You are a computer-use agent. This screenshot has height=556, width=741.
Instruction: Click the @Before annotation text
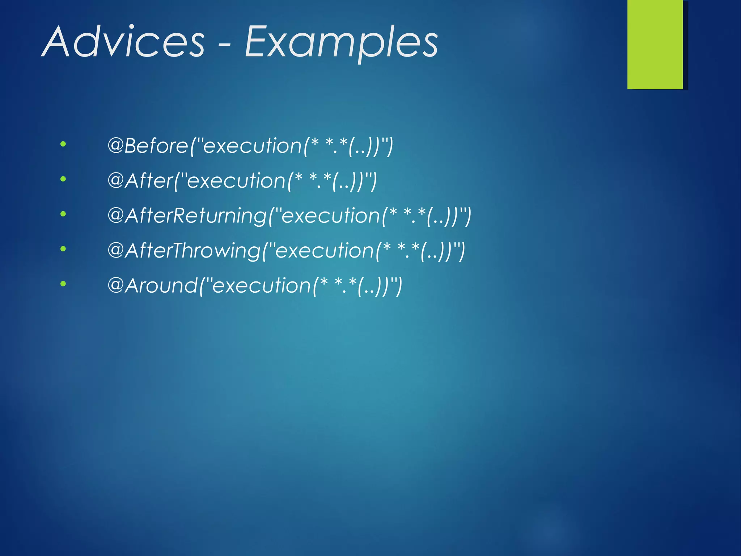tap(148, 146)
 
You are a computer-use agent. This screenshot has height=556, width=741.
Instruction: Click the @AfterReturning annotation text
tap(187, 216)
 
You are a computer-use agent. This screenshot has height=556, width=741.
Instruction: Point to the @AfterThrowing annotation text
tap(184, 251)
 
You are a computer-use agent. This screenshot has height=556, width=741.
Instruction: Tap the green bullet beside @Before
tap(63, 144)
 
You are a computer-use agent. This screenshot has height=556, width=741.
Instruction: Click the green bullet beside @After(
tap(63, 179)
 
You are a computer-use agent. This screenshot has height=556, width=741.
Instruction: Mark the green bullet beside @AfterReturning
tap(63, 214)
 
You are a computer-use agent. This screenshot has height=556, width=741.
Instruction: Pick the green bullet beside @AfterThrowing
tap(63, 249)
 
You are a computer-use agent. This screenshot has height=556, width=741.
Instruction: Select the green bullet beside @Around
tap(63, 284)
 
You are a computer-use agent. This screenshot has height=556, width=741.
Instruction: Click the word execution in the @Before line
tap(253, 146)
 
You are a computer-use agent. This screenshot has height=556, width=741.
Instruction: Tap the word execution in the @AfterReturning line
tap(330, 216)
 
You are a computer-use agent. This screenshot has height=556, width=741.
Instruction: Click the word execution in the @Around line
tap(262, 285)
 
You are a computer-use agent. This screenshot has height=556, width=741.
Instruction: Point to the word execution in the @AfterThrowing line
tap(325, 251)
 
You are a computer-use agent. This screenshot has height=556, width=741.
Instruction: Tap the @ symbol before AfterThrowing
tap(116, 250)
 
